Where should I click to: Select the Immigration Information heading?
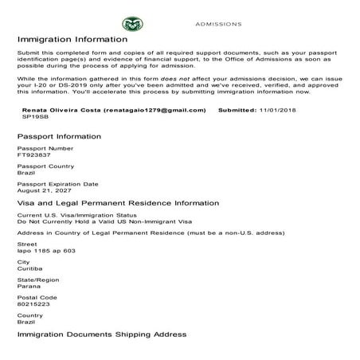click(72, 38)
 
